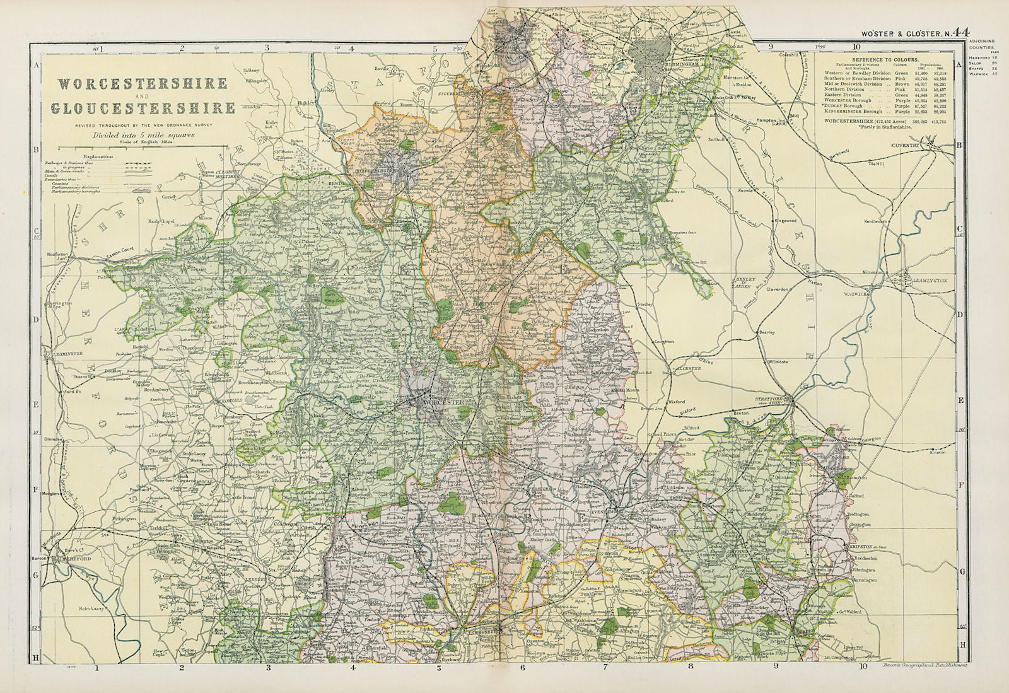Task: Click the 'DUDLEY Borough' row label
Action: click(846, 106)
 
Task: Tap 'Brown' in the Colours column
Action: click(902, 84)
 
